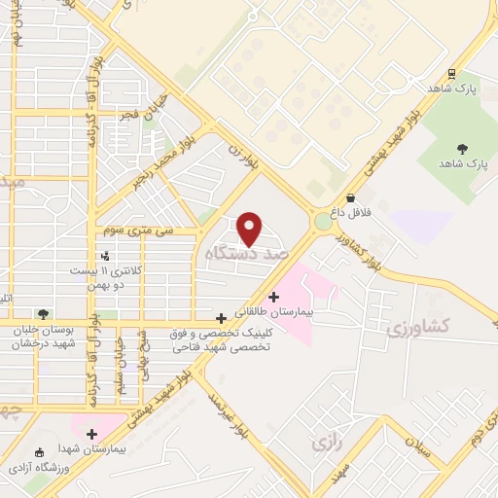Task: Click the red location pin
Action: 250,228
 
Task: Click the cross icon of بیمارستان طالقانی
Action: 273,296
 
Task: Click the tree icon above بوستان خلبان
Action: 43,313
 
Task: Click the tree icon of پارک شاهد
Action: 462,149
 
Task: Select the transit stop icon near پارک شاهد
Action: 452,74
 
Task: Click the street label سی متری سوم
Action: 143,231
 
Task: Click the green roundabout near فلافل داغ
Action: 323,222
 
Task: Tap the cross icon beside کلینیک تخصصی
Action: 223,317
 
